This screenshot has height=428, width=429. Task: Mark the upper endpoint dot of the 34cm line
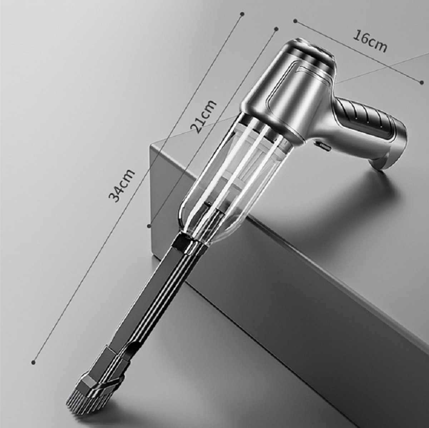coord(242,14)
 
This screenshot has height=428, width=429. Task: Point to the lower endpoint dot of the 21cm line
coord(149,226)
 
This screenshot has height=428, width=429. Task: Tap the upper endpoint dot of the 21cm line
coord(276,29)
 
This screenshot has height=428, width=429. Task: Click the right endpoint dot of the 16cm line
coord(421,82)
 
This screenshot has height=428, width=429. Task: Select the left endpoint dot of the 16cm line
coord(295,21)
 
